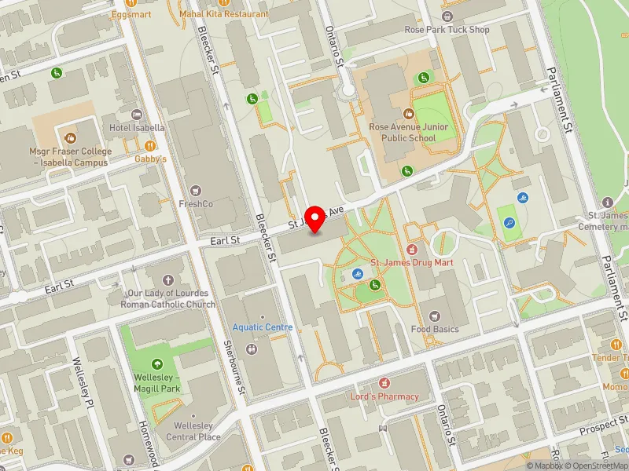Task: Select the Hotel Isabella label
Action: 137,127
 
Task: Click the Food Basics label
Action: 435,329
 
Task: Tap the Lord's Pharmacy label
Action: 384,396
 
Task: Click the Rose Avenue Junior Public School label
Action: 408,132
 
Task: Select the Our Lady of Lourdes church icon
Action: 167,280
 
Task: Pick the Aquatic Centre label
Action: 263,327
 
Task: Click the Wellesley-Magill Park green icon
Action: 157,363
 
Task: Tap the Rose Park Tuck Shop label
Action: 447,30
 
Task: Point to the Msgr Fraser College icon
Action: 71,137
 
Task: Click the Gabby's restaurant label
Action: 150,159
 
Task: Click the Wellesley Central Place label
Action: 193,432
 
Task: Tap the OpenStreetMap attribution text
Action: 601,466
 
